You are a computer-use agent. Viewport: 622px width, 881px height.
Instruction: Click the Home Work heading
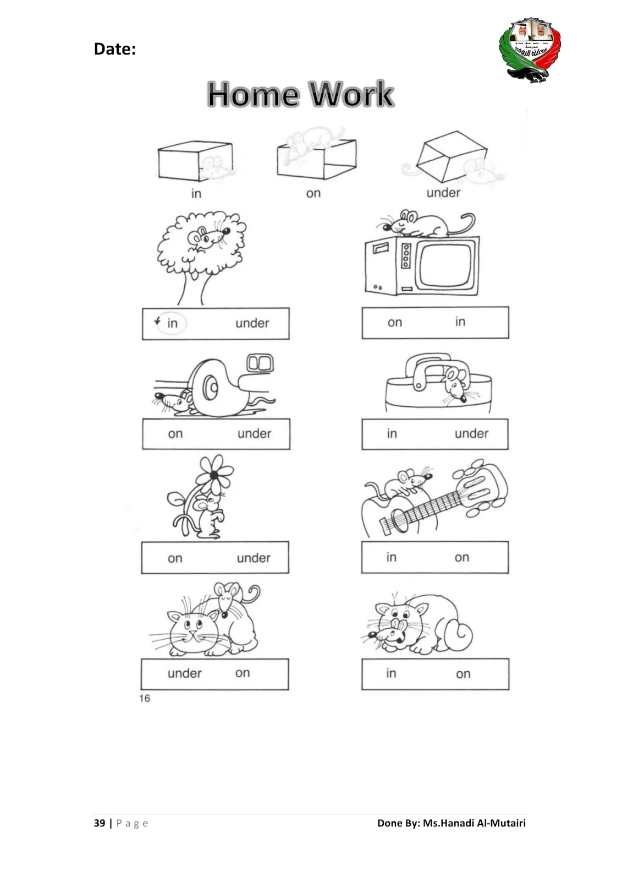tap(300, 94)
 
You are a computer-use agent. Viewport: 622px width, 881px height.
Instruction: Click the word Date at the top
tap(114, 49)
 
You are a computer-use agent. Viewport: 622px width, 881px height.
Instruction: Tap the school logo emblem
tap(530, 50)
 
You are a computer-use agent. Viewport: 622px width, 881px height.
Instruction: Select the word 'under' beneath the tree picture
tap(252, 323)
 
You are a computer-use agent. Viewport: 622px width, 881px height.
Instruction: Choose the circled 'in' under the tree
tap(172, 323)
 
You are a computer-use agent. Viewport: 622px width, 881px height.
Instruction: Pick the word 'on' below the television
tap(395, 323)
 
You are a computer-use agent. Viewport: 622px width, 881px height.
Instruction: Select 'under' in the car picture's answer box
tap(255, 434)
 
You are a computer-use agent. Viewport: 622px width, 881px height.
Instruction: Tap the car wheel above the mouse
tap(212, 388)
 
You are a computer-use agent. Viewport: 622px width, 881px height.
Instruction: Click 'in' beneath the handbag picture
tap(392, 434)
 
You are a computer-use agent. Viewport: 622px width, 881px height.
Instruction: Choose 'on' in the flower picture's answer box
tap(175, 558)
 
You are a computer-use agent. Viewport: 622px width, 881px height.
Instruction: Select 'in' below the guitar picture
tap(391, 557)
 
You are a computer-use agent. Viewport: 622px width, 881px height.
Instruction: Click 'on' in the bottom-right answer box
tap(463, 674)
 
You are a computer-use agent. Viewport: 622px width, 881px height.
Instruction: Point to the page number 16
tap(145, 698)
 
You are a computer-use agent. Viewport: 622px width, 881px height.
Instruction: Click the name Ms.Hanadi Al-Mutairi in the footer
tap(474, 823)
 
